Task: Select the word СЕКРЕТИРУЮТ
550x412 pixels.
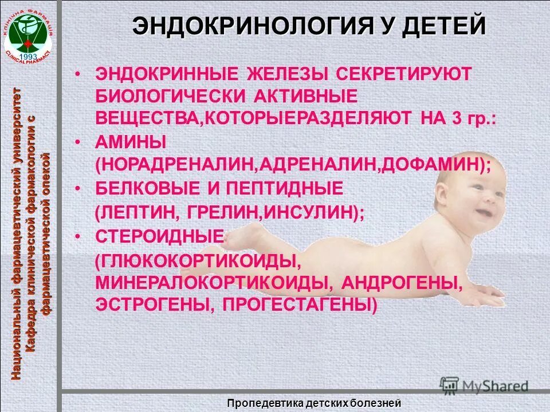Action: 403,74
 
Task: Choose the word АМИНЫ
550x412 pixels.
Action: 131,141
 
